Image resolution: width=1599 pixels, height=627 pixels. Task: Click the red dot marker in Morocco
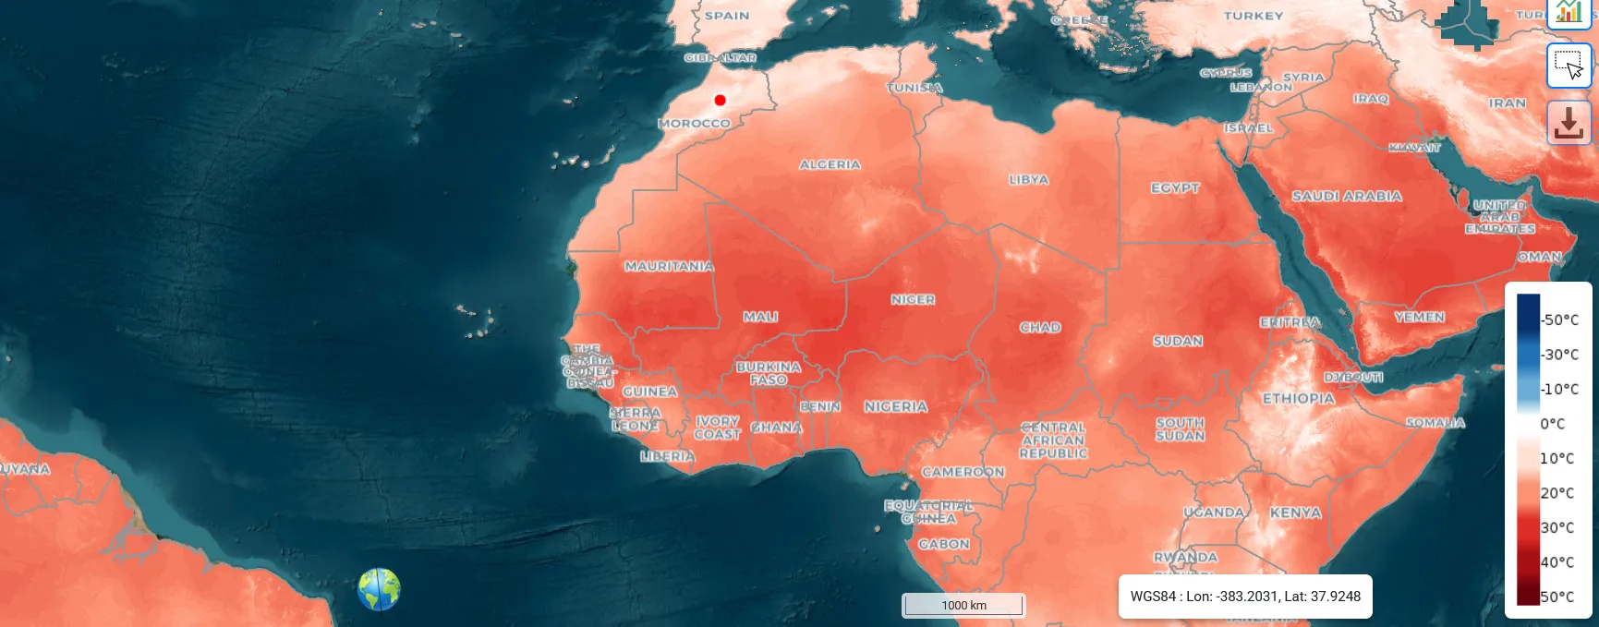[x=721, y=100]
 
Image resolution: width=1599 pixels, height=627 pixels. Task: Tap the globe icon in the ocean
[x=379, y=589]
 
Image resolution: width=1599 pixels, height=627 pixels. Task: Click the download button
[x=1569, y=123]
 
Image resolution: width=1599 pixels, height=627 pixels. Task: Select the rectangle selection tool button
[x=1569, y=66]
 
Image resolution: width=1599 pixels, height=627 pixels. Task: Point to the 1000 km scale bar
[x=963, y=605]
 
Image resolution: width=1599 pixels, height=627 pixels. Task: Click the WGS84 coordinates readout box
[x=1245, y=597]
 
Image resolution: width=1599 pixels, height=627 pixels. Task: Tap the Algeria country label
[x=830, y=164]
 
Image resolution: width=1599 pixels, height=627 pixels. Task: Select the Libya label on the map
[x=1028, y=180]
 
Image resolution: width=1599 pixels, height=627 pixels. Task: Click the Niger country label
[x=913, y=299]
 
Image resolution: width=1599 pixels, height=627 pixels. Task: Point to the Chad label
[x=1040, y=327]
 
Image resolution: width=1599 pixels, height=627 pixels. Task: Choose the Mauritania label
[x=669, y=266]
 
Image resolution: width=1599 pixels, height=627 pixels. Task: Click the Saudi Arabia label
[x=1347, y=196]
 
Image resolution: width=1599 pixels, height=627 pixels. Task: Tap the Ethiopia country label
[x=1298, y=398]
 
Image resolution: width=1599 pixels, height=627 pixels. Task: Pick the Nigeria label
[x=895, y=406]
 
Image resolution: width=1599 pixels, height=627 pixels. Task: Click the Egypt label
[x=1175, y=187]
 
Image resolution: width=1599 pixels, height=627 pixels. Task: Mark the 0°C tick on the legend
[x=1552, y=424]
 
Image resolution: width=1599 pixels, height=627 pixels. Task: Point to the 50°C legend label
[x=1557, y=597]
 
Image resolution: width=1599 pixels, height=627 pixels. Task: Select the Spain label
[x=727, y=16]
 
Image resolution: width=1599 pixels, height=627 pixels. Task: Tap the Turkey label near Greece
[x=1254, y=16]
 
